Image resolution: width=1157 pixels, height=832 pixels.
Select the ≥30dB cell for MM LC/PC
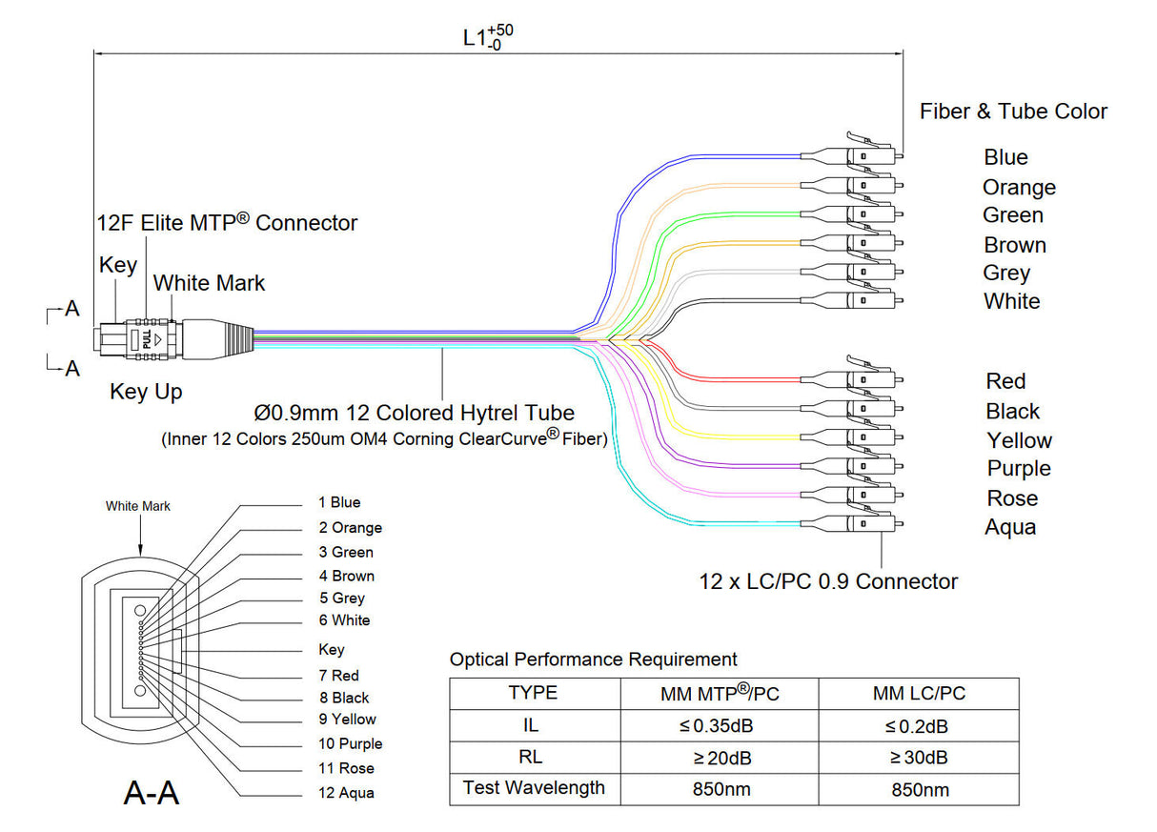pyautogui.click(x=919, y=758)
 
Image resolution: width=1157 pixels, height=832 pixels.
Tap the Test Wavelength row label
pyautogui.click(x=534, y=788)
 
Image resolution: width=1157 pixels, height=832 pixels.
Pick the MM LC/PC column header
pyautogui.click(x=919, y=693)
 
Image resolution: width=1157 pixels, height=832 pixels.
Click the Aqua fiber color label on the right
pyautogui.click(x=1010, y=527)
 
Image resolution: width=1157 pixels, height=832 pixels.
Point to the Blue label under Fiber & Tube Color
pyautogui.click(x=1005, y=157)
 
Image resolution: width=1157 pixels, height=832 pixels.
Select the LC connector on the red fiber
pyautogui.click(x=863, y=380)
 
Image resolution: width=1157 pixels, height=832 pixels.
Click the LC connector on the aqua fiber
pyautogui.click(x=863, y=523)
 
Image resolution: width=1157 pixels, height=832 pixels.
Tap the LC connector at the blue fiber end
pyautogui.click(x=863, y=155)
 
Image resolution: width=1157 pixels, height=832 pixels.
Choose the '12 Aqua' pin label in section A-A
pyautogui.click(x=347, y=793)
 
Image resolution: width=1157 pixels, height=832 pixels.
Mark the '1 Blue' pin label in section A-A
pyautogui.click(x=340, y=502)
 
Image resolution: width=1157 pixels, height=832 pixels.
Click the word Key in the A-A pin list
pyautogui.click(x=331, y=649)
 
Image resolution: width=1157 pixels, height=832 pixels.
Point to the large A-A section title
pyautogui.click(x=152, y=792)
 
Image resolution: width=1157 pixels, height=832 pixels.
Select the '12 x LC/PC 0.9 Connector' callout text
pyautogui.click(x=828, y=581)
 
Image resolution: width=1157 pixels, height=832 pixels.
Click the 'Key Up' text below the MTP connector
pyautogui.click(x=146, y=392)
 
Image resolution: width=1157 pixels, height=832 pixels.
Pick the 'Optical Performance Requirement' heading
pyautogui.click(x=593, y=659)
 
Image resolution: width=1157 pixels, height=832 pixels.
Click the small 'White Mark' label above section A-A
pyautogui.click(x=138, y=506)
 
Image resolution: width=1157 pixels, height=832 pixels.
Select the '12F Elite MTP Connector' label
pyautogui.click(x=228, y=223)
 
